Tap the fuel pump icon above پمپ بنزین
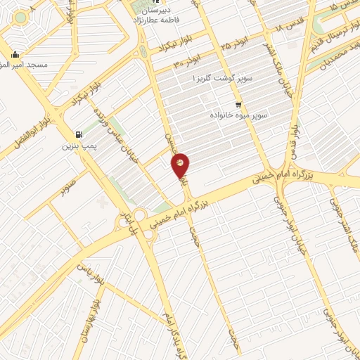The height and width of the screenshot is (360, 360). tap(77, 134)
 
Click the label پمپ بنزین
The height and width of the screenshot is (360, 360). tap(77, 146)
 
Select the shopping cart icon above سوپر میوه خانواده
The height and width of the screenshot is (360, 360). tap(238, 103)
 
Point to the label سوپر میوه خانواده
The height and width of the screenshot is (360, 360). tap(238, 114)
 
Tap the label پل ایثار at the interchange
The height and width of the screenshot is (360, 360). tap(128, 223)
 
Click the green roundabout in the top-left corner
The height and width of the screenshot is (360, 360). tap(20, 17)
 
